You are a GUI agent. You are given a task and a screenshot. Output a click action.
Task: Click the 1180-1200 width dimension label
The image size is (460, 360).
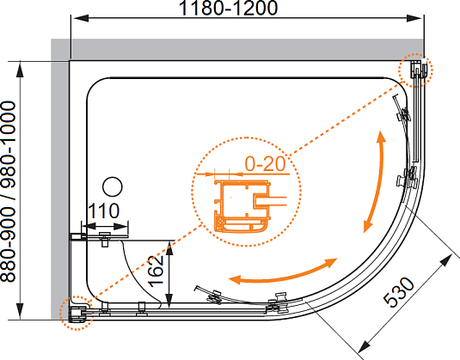click(x=228, y=8)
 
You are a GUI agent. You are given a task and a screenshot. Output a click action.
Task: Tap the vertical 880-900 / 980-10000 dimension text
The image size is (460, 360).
click(x=8, y=192)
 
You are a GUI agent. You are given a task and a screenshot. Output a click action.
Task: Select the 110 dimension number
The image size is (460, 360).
click(x=103, y=211)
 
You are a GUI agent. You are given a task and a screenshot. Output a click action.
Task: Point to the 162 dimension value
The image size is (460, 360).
click(x=156, y=272)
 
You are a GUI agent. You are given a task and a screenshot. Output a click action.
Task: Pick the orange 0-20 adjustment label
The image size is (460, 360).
click(x=265, y=163)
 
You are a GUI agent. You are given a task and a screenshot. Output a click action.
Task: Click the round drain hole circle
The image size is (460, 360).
click(x=113, y=186)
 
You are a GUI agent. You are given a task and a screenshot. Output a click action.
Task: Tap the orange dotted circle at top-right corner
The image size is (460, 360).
click(x=415, y=70)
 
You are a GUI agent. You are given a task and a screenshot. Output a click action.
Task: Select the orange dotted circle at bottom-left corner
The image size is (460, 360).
click(x=76, y=313)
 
